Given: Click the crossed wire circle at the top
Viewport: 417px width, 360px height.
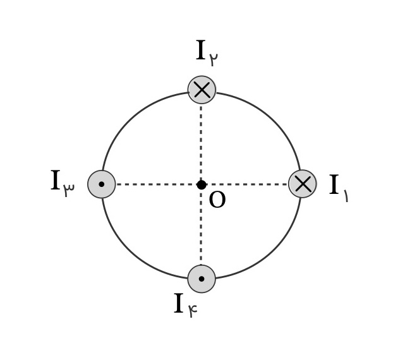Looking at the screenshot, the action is click(x=202, y=90).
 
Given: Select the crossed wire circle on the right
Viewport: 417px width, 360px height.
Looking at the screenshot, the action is click(x=303, y=184).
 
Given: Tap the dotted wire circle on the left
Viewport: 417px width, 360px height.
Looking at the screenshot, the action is click(x=102, y=184).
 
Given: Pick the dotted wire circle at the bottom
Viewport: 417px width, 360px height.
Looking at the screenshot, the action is click(x=202, y=279).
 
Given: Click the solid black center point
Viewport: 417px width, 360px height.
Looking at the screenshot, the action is click(x=202, y=184).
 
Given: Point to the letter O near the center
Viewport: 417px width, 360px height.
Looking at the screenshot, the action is click(x=217, y=200).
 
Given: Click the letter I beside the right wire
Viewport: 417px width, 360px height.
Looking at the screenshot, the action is click(x=334, y=184).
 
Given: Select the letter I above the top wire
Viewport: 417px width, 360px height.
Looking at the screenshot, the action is click(x=201, y=50).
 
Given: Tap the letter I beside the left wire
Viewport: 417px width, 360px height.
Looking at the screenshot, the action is click(x=55, y=180).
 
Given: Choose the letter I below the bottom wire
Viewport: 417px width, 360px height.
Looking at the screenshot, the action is click(x=179, y=303).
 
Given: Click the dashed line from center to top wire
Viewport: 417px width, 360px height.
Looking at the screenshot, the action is click(x=201, y=142).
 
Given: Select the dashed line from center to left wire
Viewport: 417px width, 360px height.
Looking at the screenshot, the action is click(x=156, y=184).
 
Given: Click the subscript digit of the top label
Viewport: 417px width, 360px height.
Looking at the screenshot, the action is click(x=214, y=59).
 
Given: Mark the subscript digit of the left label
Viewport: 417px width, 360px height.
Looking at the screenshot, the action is click(x=69, y=189).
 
